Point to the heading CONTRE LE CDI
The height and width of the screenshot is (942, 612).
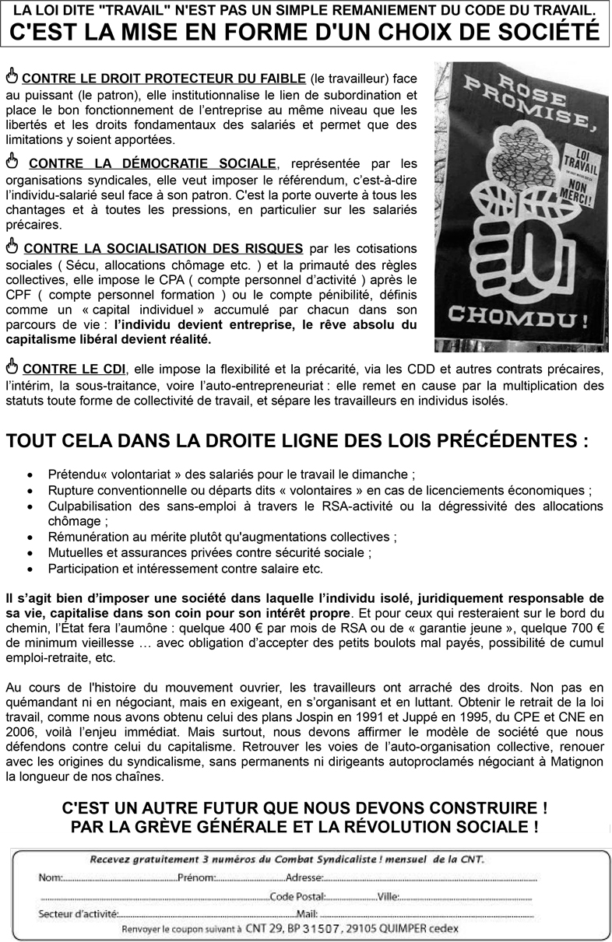pos(72,368)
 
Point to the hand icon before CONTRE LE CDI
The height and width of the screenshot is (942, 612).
pos(12,366)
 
